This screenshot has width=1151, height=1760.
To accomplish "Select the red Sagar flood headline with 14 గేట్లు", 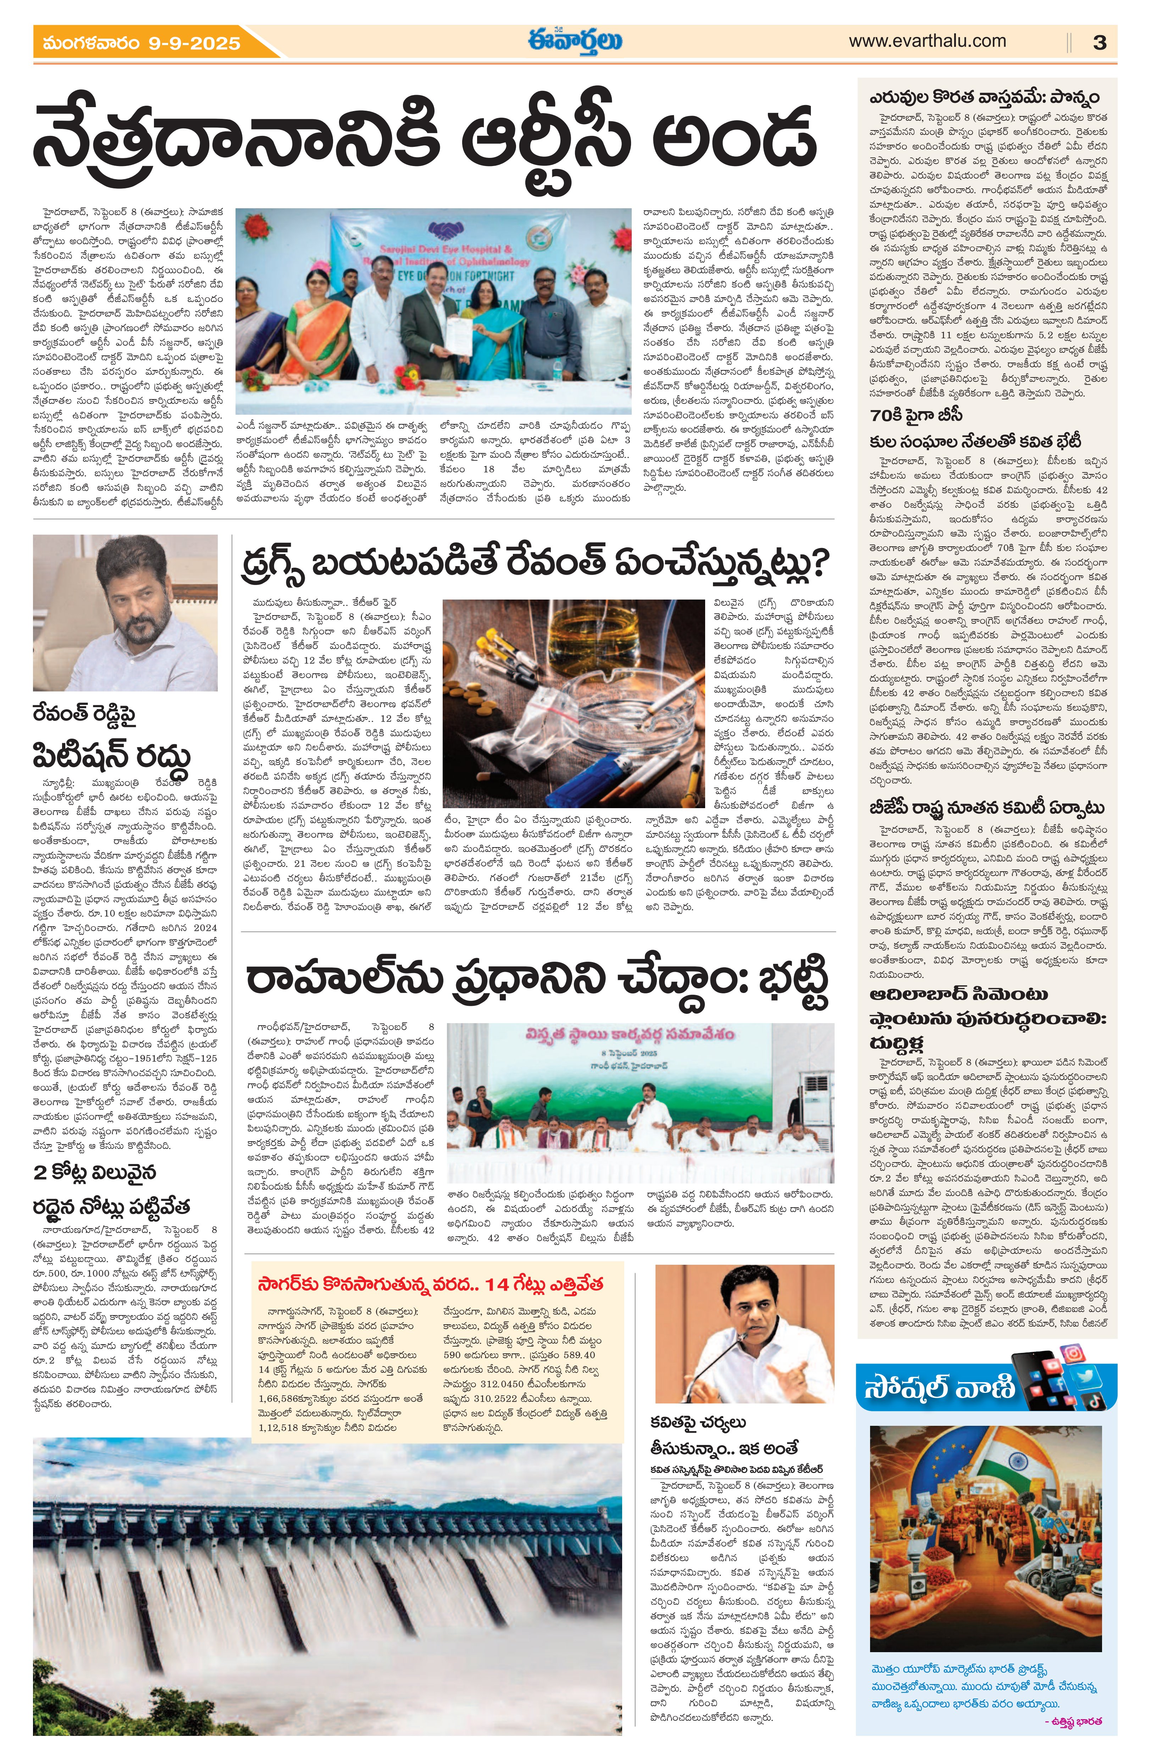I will pyautogui.click(x=430, y=1284).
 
